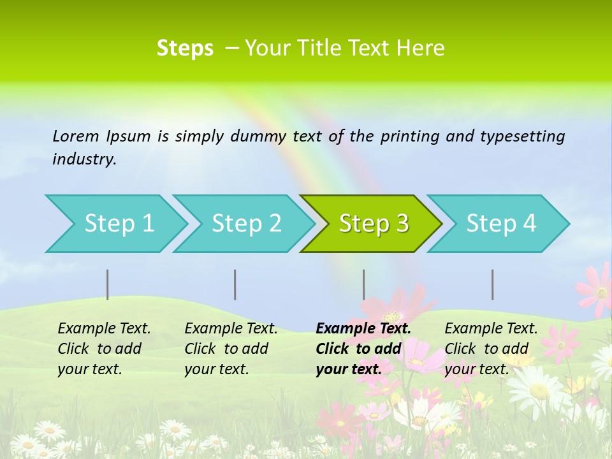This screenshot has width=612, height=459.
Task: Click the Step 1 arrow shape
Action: click(x=115, y=224)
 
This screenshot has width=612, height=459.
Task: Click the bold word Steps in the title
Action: click(x=185, y=48)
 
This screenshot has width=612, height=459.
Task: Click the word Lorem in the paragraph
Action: click(x=75, y=136)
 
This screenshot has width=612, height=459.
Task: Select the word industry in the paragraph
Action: click(x=84, y=159)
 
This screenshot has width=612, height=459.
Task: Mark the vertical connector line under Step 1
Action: click(x=107, y=284)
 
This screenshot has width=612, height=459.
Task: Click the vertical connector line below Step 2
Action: click(x=235, y=284)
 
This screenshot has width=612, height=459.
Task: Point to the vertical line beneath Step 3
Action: click(x=363, y=284)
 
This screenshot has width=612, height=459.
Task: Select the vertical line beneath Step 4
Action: click(x=492, y=284)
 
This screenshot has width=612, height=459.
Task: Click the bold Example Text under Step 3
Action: click(x=363, y=329)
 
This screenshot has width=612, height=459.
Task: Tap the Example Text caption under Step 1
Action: click(x=104, y=329)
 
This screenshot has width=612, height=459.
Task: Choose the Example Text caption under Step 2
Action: click(x=231, y=329)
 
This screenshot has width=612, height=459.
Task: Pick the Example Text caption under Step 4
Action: click(x=491, y=329)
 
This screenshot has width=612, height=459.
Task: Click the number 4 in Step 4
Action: click(x=528, y=224)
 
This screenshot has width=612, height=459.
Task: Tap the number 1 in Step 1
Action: click(x=148, y=224)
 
